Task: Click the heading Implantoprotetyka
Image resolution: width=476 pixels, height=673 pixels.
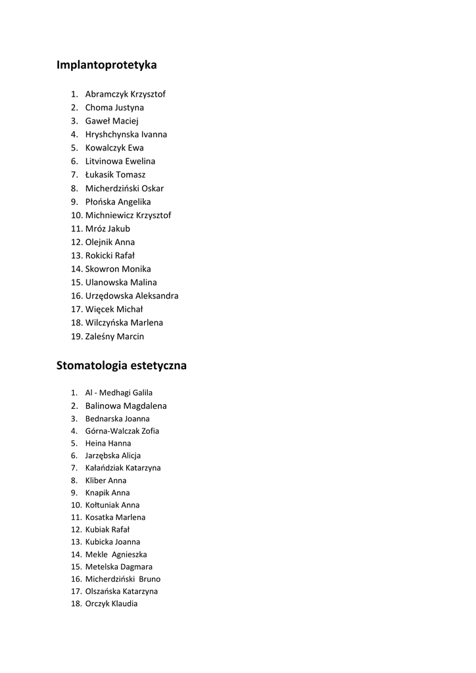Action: point(107,65)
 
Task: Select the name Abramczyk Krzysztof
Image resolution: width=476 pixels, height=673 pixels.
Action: point(125,94)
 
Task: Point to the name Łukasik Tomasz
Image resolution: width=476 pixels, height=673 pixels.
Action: point(115,175)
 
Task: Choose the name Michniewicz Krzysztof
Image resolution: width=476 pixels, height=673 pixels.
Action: point(128,215)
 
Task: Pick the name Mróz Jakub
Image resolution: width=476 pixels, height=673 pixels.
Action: point(108,229)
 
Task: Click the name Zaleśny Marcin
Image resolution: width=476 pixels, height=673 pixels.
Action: point(114,336)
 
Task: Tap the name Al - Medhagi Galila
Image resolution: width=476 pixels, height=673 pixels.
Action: point(119,393)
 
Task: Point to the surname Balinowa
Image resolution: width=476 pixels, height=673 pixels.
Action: point(103,406)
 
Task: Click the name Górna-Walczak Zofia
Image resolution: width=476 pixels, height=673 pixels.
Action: point(122,431)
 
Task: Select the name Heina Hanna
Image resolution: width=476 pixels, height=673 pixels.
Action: point(108,444)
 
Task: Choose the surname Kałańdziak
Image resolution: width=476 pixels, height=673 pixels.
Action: point(105,468)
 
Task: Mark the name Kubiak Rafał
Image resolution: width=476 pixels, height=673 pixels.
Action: point(107,530)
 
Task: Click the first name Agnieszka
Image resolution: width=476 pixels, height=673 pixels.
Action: point(130,555)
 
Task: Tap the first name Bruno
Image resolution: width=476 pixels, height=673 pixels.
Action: point(150,579)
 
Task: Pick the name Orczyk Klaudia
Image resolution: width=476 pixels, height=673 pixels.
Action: point(111,604)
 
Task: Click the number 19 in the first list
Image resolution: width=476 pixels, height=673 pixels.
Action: point(76,336)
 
